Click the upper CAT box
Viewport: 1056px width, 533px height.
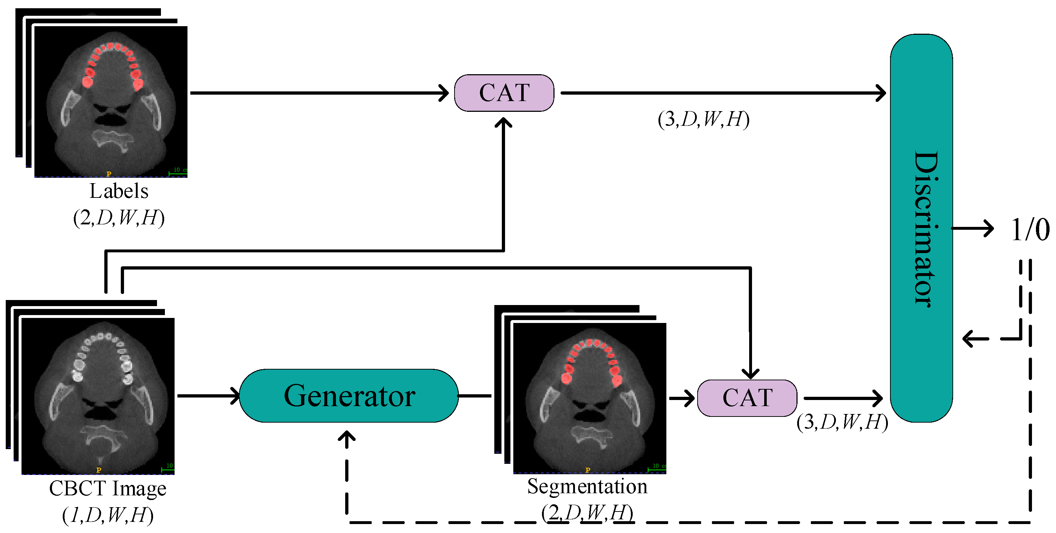[504, 93]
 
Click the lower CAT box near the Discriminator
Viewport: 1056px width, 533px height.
[747, 398]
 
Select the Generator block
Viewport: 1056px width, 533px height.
[349, 396]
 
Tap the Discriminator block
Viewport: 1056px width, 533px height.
[921, 228]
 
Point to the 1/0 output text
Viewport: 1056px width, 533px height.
[1029, 230]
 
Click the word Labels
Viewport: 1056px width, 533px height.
[119, 191]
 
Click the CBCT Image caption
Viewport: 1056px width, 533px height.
[108, 488]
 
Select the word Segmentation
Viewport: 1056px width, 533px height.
[587, 487]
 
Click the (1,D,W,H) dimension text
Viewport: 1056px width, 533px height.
[108, 515]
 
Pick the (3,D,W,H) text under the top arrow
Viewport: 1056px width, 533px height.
[703, 119]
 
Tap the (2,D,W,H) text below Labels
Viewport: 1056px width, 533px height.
[119, 217]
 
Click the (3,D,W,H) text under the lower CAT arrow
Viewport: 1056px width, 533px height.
[842, 422]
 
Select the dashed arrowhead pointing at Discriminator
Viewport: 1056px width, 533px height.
[970, 339]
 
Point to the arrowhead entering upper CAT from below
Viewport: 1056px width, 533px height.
[503, 123]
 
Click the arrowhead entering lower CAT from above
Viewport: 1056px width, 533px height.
[750, 373]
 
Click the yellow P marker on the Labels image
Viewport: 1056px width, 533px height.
[109, 174]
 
